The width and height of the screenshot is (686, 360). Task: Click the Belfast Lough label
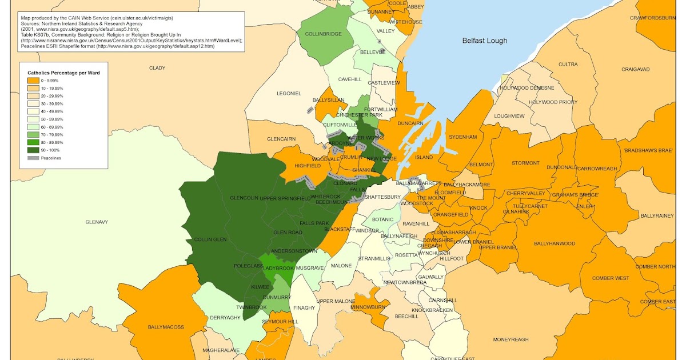(x=484, y=41)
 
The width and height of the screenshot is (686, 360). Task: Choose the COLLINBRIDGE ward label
(x=323, y=34)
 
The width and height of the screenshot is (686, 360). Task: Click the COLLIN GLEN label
(x=211, y=239)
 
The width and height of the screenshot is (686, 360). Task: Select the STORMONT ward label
(x=525, y=163)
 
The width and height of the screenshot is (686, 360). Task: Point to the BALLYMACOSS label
(x=166, y=327)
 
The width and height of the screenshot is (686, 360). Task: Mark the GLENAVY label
(x=97, y=222)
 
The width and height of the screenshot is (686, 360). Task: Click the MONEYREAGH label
(x=510, y=339)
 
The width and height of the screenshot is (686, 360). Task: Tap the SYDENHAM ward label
(x=462, y=137)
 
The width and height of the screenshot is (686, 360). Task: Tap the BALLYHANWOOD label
(x=554, y=243)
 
